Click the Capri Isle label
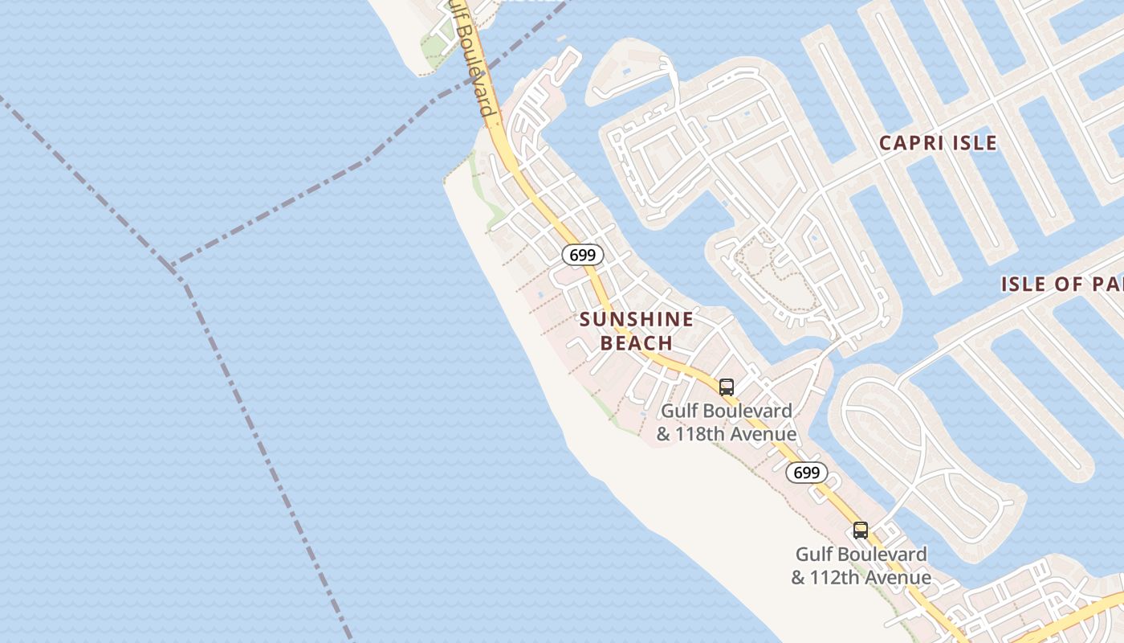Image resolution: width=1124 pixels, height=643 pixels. (938, 143)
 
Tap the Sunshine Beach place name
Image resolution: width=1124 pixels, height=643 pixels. (637, 331)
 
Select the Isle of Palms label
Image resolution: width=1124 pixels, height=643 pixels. (1061, 284)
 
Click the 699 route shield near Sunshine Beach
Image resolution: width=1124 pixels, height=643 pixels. (582, 256)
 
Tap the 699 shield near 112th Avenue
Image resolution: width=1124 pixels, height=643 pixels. (806, 473)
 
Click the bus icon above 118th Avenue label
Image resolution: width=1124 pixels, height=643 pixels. (727, 387)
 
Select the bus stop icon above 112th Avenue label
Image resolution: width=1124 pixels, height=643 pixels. (861, 530)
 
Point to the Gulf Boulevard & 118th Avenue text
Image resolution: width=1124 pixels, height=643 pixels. (727, 423)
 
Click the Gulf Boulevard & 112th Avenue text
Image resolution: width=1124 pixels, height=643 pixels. (861, 566)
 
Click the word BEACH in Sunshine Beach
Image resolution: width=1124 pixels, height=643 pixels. (637, 343)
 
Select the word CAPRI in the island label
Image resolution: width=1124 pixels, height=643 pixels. (911, 143)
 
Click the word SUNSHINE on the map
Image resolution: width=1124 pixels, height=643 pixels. (637, 319)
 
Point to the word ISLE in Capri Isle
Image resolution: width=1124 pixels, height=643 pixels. (974, 143)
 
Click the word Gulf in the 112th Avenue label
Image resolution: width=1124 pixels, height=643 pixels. (812, 555)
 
